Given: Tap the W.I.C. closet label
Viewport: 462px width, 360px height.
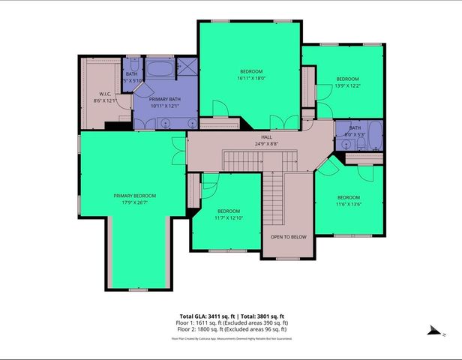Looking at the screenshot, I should coord(105,94).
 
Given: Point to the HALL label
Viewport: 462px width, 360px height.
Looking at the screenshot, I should coord(266,137).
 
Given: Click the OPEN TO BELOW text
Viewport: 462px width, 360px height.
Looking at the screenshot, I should coord(289,237).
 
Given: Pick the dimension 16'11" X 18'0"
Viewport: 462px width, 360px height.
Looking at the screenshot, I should coord(252,78).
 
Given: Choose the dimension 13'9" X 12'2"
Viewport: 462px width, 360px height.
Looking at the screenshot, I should coord(347,86).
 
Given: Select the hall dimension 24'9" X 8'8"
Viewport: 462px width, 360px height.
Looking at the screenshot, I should coord(266,143).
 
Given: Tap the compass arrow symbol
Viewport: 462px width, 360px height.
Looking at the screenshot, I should coord(432,329).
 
